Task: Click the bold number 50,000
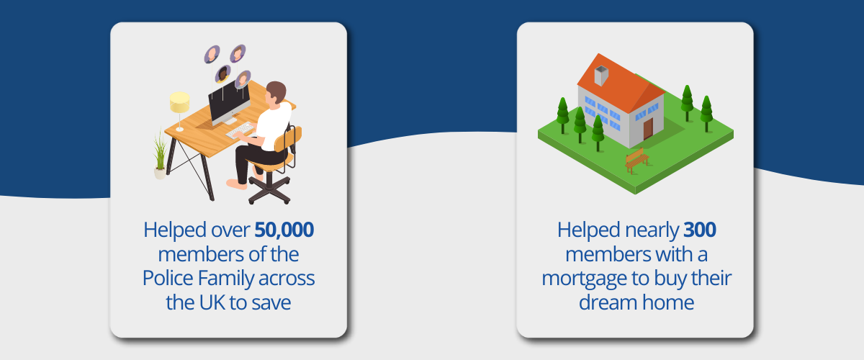284,230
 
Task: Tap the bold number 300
700,230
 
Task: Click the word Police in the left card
167,278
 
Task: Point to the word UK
212,302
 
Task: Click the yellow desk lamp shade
180,102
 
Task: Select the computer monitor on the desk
230,102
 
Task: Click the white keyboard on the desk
240,130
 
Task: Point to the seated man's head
276,93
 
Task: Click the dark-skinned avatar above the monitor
223,73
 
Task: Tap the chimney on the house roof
601,76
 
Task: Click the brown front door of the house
648,129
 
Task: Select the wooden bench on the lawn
636,160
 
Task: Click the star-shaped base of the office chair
269,190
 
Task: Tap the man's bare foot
236,184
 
